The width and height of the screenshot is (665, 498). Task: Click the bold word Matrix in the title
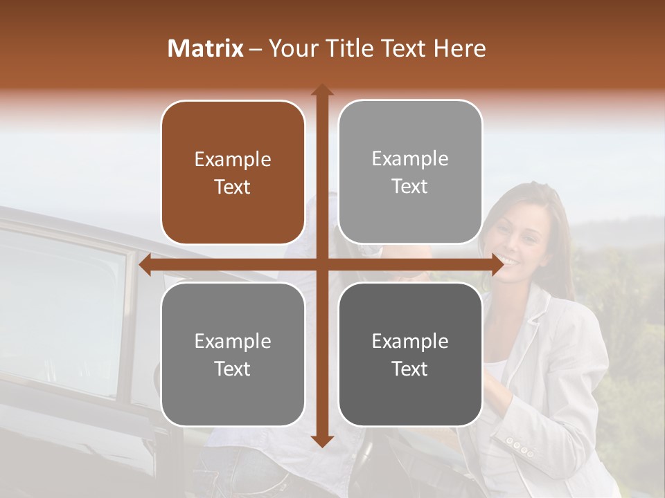206,48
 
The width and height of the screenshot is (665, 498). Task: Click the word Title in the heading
345,48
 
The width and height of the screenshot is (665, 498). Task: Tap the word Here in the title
459,48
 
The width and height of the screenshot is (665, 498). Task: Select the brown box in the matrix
233,172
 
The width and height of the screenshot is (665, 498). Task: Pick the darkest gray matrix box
410,354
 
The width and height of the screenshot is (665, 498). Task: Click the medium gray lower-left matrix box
233,354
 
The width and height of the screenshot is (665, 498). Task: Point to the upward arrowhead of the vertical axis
321,89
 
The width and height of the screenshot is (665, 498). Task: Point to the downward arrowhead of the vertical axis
321,442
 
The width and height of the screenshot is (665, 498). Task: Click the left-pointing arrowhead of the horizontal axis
145,265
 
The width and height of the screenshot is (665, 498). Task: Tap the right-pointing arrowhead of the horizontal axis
497,265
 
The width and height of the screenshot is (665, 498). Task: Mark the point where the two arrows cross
321,265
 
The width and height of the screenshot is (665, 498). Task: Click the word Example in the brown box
233,159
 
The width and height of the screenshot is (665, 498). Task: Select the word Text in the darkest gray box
410,369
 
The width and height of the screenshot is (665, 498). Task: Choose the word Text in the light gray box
410,186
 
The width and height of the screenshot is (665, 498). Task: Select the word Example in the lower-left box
233,341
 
